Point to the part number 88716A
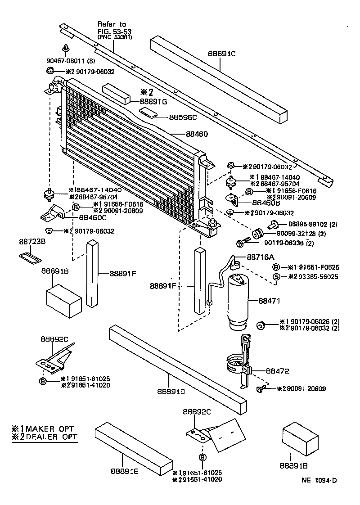[x=260, y=257]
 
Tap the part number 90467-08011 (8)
[x=70, y=61]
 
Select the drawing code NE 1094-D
[x=319, y=480]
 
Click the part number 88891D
[x=171, y=391]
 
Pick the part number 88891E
[x=125, y=471]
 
